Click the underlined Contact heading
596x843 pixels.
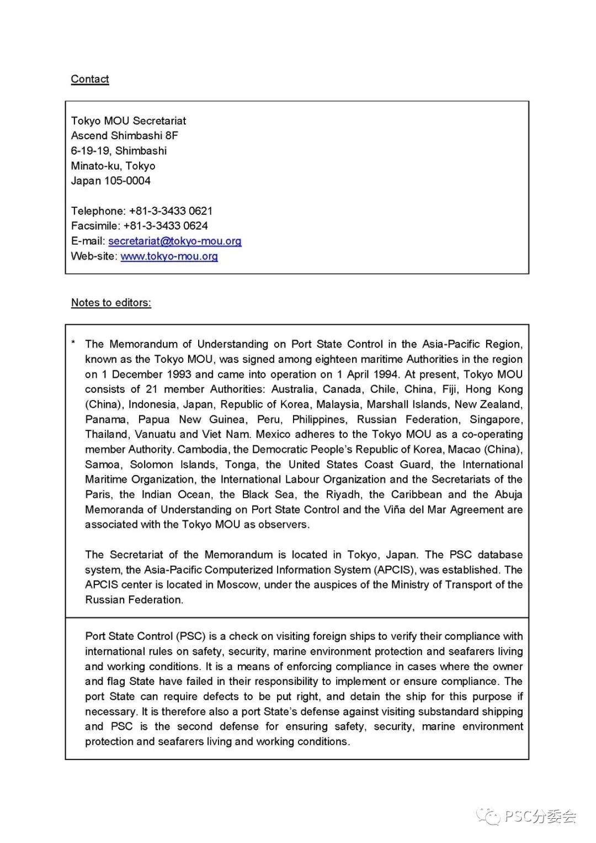[x=90, y=79]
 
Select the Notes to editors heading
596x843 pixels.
[x=111, y=303]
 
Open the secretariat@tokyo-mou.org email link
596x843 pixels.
[x=174, y=241]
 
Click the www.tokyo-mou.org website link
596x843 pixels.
[x=169, y=256]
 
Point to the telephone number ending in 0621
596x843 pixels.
[x=171, y=211]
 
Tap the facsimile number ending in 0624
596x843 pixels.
[x=166, y=226]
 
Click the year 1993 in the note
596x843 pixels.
[x=177, y=374]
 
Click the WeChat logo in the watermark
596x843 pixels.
[x=488, y=815]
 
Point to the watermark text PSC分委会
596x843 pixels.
[x=540, y=816]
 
